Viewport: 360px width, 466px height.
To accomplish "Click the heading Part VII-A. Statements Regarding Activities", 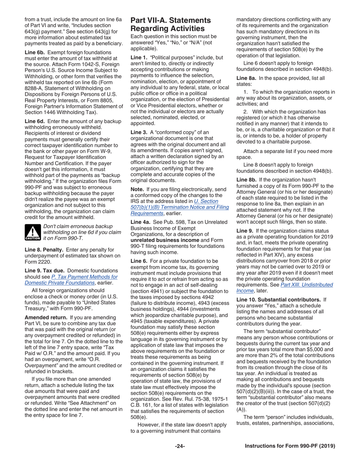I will click(171, 24).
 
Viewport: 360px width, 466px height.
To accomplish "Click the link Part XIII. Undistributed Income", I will click(284, 288).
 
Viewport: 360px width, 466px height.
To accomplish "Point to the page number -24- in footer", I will click(180, 446).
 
